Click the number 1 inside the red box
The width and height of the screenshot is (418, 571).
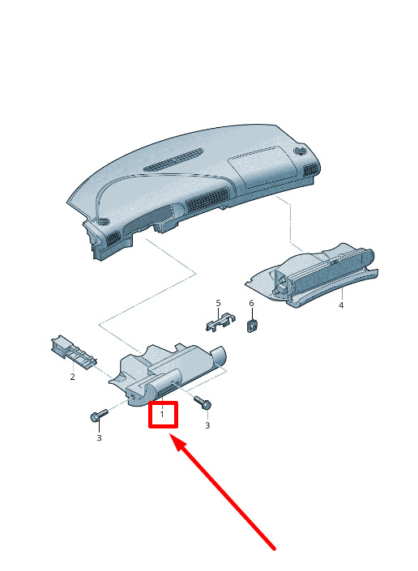(x=162, y=414)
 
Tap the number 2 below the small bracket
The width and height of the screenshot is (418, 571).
(x=72, y=377)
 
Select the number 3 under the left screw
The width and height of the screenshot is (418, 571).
(x=99, y=437)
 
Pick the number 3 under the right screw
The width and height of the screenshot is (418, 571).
(x=207, y=425)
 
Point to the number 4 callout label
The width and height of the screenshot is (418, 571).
(x=341, y=305)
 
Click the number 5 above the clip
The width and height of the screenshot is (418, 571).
(x=219, y=303)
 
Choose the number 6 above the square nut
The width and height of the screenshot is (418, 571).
(x=251, y=304)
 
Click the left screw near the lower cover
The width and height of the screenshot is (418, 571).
(x=99, y=415)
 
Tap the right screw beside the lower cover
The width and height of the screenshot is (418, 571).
(x=203, y=402)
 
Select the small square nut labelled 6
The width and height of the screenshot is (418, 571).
(x=252, y=326)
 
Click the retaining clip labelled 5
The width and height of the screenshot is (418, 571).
(x=220, y=321)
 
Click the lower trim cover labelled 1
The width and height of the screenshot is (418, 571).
(x=168, y=374)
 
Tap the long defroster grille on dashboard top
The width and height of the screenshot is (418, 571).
(x=173, y=160)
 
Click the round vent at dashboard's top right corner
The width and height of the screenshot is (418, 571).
(x=300, y=151)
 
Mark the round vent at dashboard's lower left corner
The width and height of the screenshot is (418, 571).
(x=104, y=221)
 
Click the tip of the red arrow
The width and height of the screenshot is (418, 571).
(x=170, y=433)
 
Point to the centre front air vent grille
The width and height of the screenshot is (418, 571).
(x=207, y=200)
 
